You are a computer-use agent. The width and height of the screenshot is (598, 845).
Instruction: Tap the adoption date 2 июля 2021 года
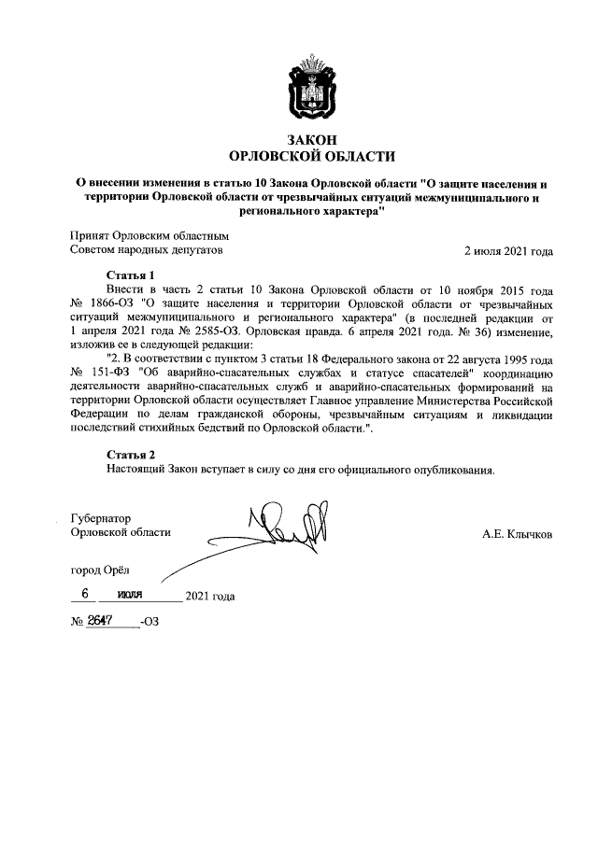[x=508, y=251]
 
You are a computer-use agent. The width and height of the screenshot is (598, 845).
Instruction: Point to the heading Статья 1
[x=131, y=276]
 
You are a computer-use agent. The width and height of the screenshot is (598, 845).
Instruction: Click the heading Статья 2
[x=131, y=454]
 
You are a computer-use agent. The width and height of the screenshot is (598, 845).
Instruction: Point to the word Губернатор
[x=102, y=517]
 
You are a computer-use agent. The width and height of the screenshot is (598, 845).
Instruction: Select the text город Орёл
[x=102, y=570]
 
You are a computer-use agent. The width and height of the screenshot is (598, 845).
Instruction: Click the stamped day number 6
[x=85, y=594]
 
